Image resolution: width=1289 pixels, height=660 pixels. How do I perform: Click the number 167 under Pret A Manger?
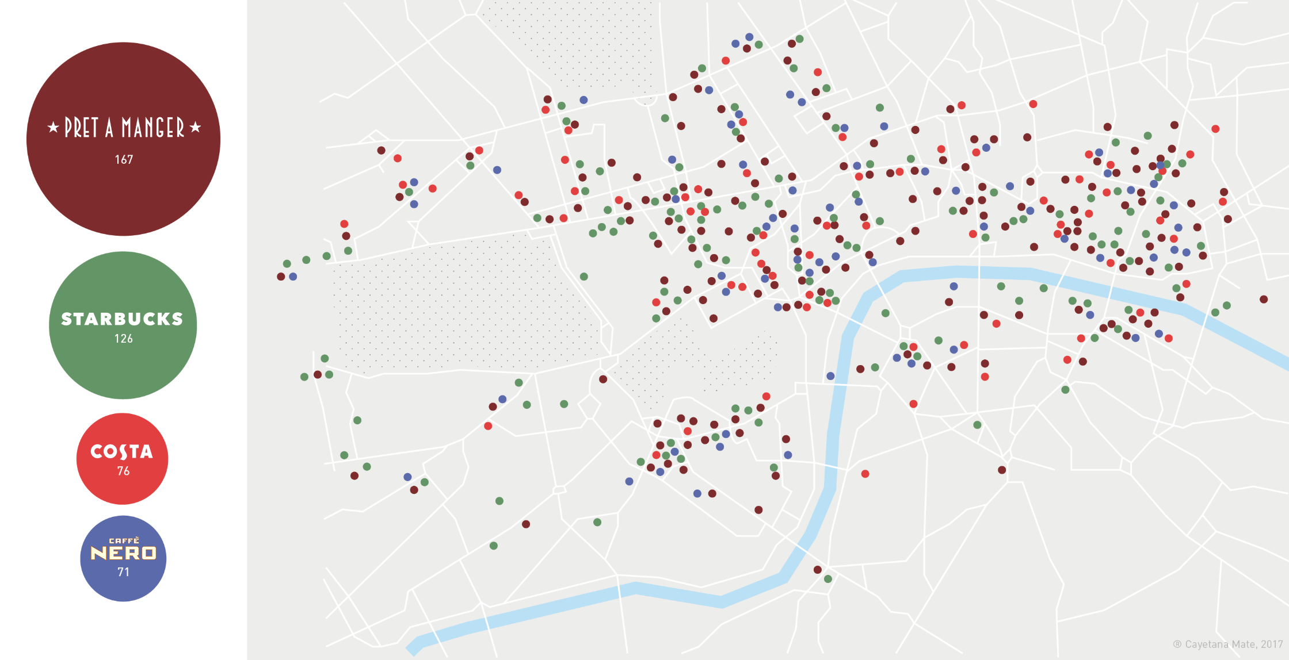click(124, 160)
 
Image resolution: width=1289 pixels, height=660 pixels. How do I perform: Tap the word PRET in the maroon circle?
click(81, 128)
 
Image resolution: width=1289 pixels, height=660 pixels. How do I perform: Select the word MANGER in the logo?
click(152, 128)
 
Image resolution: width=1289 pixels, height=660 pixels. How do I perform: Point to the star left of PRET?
click(53, 127)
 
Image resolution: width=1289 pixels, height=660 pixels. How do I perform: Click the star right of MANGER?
click(195, 127)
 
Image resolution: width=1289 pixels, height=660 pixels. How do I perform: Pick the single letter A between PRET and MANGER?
click(109, 128)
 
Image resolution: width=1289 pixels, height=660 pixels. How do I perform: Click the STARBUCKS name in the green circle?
click(122, 319)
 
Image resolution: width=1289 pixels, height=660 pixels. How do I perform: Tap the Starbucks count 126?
click(124, 339)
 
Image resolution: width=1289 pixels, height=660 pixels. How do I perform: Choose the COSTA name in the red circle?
click(122, 452)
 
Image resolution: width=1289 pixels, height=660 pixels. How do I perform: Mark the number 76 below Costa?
click(123, 471)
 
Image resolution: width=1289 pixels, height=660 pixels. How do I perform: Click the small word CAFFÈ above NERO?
click(124, 540)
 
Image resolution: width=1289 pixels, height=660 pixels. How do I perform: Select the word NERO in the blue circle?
click(123, 553)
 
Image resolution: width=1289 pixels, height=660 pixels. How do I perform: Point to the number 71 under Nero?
click(123, 572)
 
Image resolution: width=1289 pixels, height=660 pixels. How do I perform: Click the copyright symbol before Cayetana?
click(1177, 644)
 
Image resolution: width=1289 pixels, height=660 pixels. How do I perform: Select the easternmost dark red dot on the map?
click(1264, 300)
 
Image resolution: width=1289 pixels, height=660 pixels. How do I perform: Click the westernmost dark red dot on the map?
click(281, 277)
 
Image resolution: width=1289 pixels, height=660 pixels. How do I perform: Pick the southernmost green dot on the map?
click(828, 579)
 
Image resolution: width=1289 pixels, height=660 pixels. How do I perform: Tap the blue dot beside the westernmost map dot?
click(293, 277)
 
